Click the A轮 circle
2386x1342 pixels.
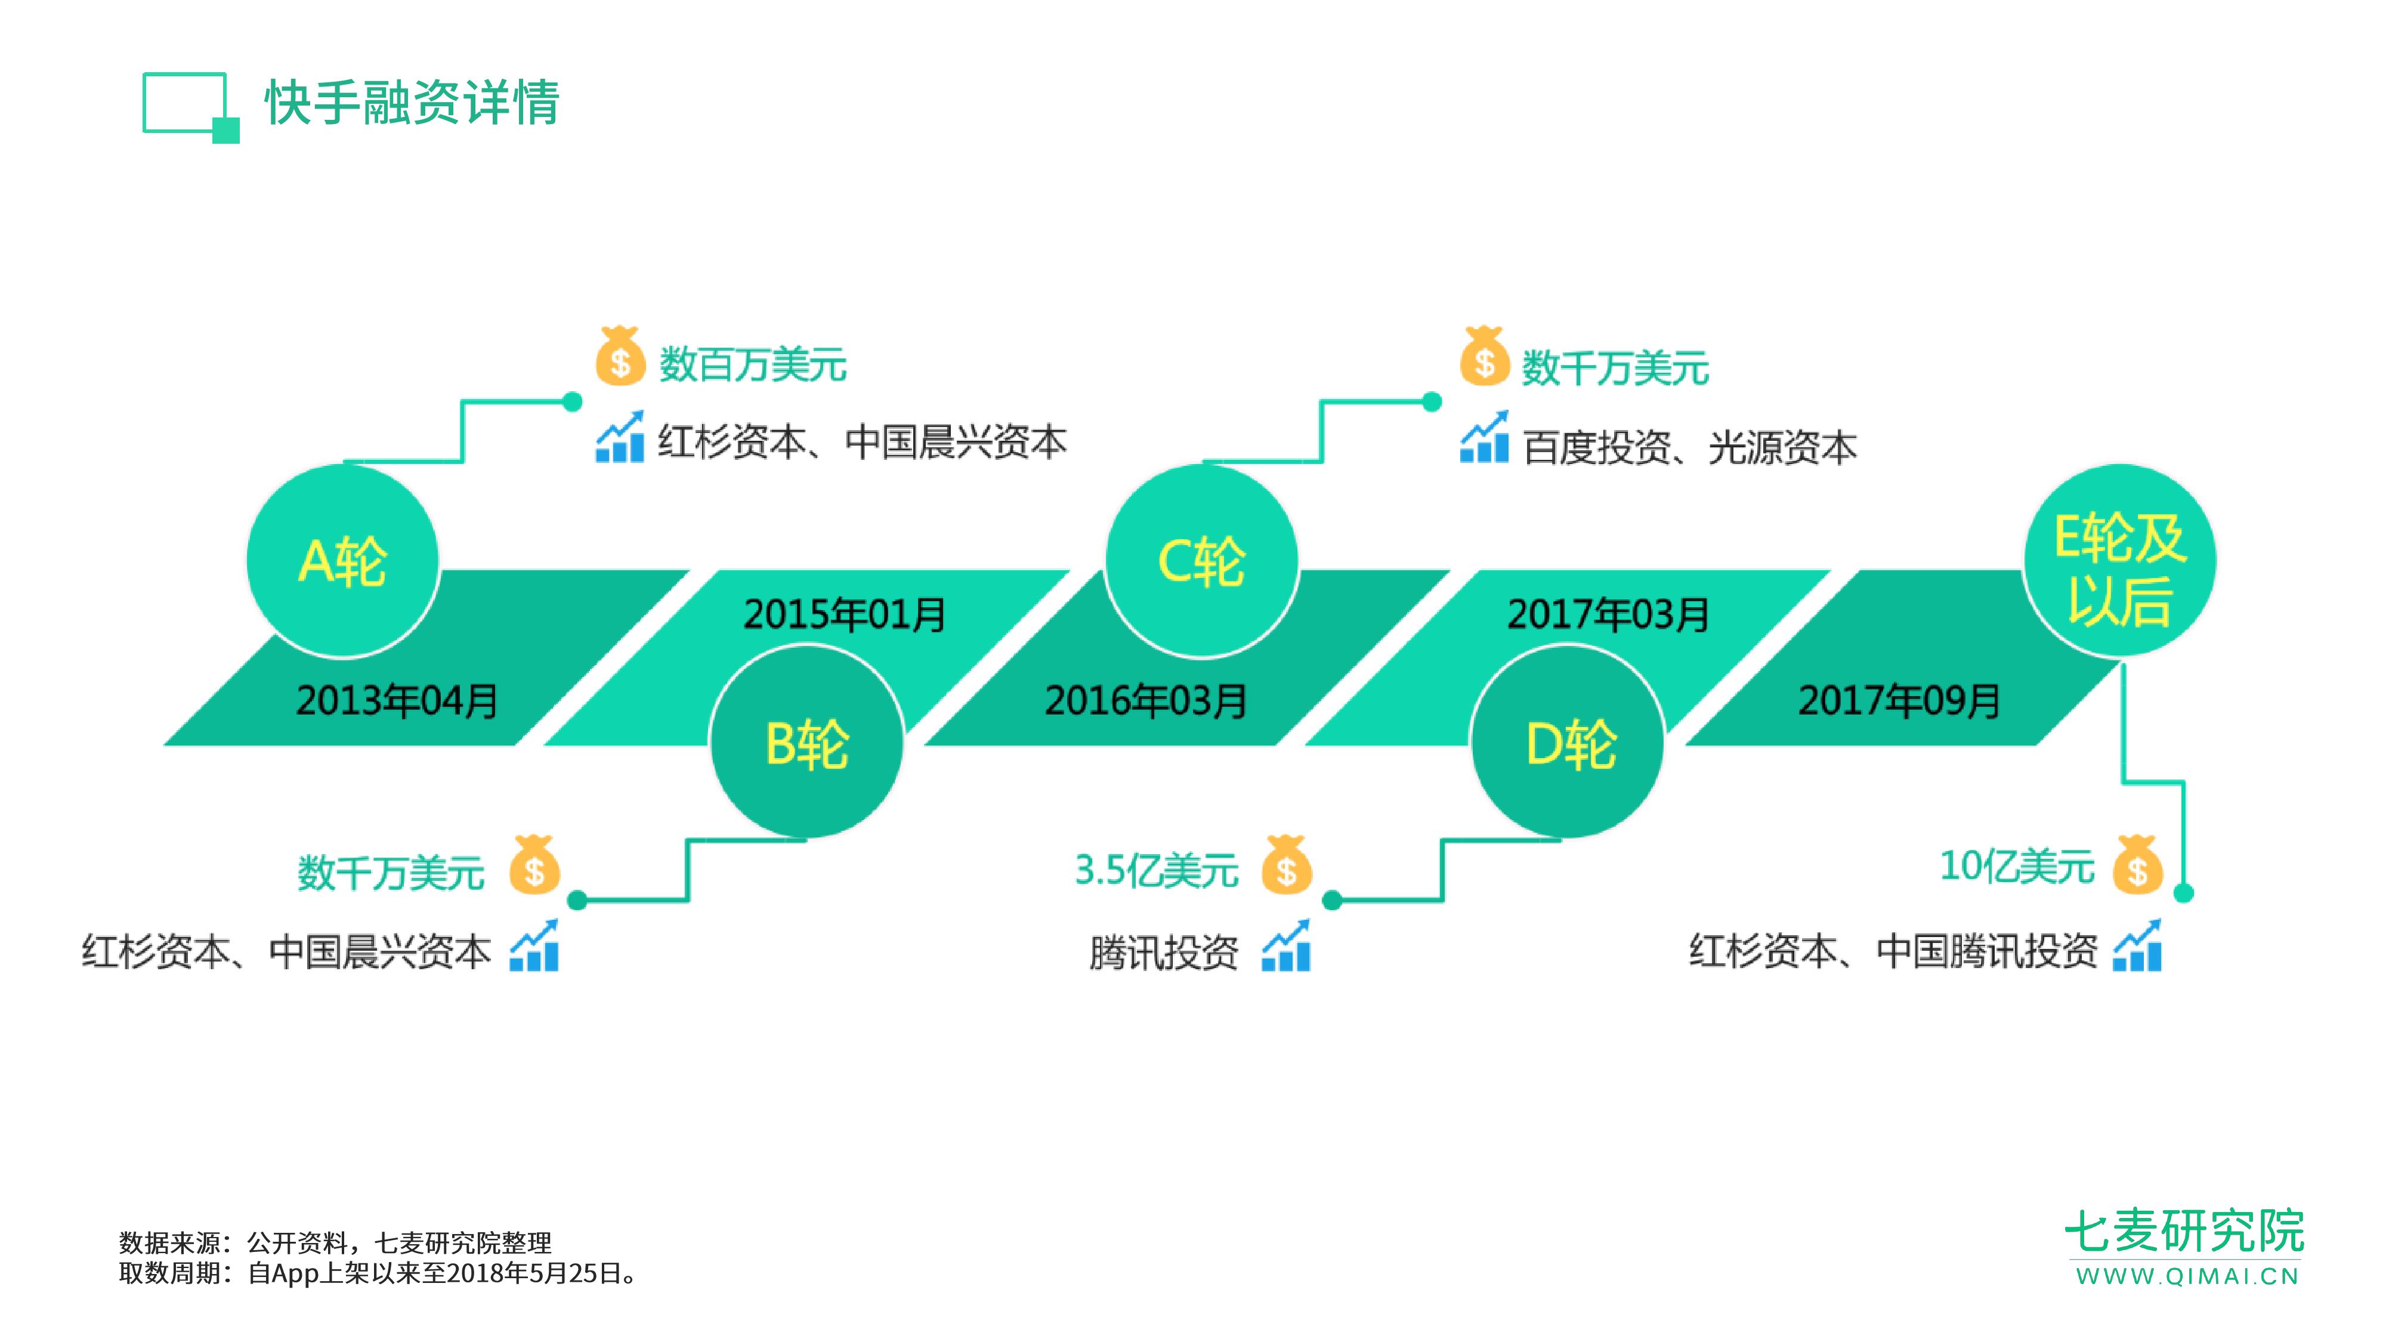pos(343,561)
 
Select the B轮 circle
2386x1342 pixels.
pos(806,743)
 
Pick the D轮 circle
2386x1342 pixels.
pos(1569,743)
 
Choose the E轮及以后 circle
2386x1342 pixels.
pos(2119,561)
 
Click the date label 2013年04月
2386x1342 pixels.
pos(397,700)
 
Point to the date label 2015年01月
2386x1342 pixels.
pos(844,614)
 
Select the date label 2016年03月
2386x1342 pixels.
pos(1146,700)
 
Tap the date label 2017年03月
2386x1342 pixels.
pos(1608,614)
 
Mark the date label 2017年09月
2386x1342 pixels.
pos(1899,700)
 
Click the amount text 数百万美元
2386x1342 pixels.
pos(752,364)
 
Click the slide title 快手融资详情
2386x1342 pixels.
pos(412,102)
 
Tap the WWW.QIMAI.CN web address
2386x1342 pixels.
pos(2187,1276)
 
